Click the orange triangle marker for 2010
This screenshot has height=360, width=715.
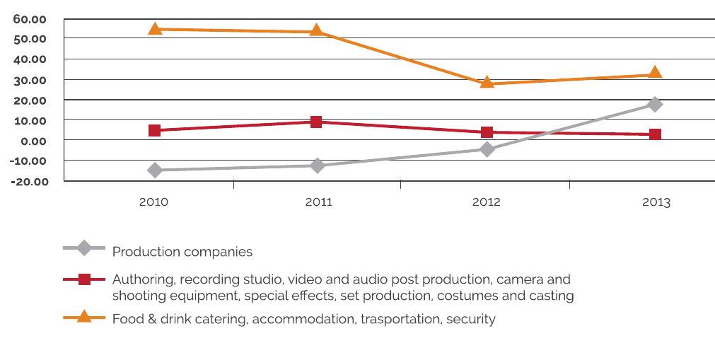pyautogui.click(x=155, y=29)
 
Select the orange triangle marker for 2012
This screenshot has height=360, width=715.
pyautogui.click(x=487, y=82)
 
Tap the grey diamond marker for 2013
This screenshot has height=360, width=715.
pyautogui.click(x=655, y=105)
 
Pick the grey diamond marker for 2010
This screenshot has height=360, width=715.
pyautogui.click(x=155, y=170)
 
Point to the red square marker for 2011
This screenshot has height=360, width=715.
pyautogui.click(x=316, y=122)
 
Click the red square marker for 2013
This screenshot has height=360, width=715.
pyautogui.click(x=655, y=134)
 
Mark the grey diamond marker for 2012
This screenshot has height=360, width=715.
pyautogui.click(x=487, y=149)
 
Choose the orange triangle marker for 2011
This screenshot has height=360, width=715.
pyautogui.click(x=316, y=30)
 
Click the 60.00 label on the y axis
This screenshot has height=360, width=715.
pyautogui.click(x=30, y=18)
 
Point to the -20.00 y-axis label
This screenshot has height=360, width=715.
pyautogui.click(x=30, y=182)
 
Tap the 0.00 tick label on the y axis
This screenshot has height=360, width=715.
pyautogui.click(x=32, y=141)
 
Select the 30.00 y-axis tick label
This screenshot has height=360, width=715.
pyautogui.click(x=30, y=80)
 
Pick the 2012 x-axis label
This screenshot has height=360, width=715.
pyautogui.click(x=486, y=202)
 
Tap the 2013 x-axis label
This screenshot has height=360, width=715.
pyautogui.click(x=656, y=202)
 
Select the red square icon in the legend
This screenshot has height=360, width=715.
pyautogui.click(x=84, y=279)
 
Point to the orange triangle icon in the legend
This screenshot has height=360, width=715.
pyautogui.click(x=84, y=316)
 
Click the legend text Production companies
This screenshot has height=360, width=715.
pyautogui.click(x=182, y=252)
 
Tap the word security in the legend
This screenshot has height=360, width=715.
pyautogui.click(x=472, y=319)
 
